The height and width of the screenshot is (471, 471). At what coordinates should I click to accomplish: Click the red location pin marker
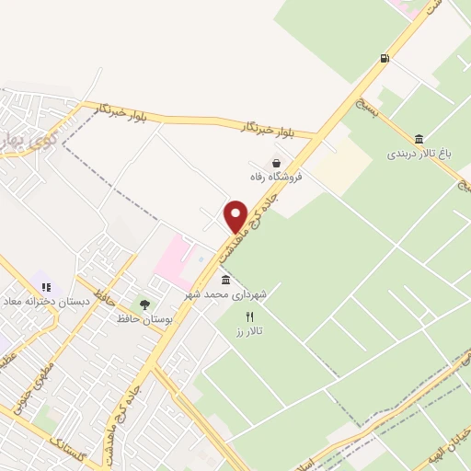coord(235,216)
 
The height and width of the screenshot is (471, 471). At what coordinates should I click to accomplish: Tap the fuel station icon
coord(384,58)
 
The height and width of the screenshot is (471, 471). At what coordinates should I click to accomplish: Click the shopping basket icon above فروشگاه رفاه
coord(276,163)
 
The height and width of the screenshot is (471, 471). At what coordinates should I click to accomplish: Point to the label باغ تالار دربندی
coord(423,154)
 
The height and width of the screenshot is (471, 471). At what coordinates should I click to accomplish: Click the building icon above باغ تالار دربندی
coord(419,139)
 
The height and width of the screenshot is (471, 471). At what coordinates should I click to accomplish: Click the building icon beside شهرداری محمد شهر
coord(226,280)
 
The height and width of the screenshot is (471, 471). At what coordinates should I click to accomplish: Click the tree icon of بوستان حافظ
coord(144,304)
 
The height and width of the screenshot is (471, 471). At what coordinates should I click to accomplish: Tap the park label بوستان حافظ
coord(145,318)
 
